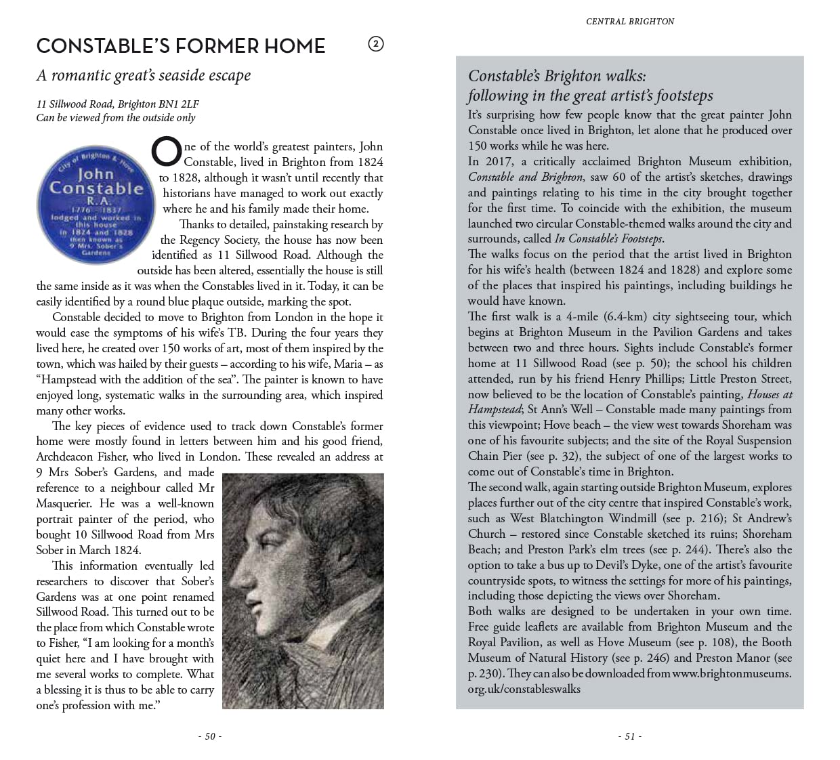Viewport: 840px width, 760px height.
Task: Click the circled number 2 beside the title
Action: (x=376, y=45)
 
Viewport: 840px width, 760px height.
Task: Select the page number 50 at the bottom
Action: (x=210, y=736)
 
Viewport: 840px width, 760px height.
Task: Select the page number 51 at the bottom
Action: (x=630, y=736)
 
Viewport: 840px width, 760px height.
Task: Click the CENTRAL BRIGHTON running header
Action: (x=630, y=22)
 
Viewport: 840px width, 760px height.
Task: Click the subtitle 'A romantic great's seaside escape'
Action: (x=144, y=75)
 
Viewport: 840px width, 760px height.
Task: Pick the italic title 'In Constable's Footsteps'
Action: (x=608, y=238)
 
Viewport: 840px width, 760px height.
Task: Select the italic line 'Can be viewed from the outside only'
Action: (x=116, y=118)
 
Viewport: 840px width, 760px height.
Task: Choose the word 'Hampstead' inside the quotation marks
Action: (x=70, y=379)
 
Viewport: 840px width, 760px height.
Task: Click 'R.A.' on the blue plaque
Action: (x=95, y=201)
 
